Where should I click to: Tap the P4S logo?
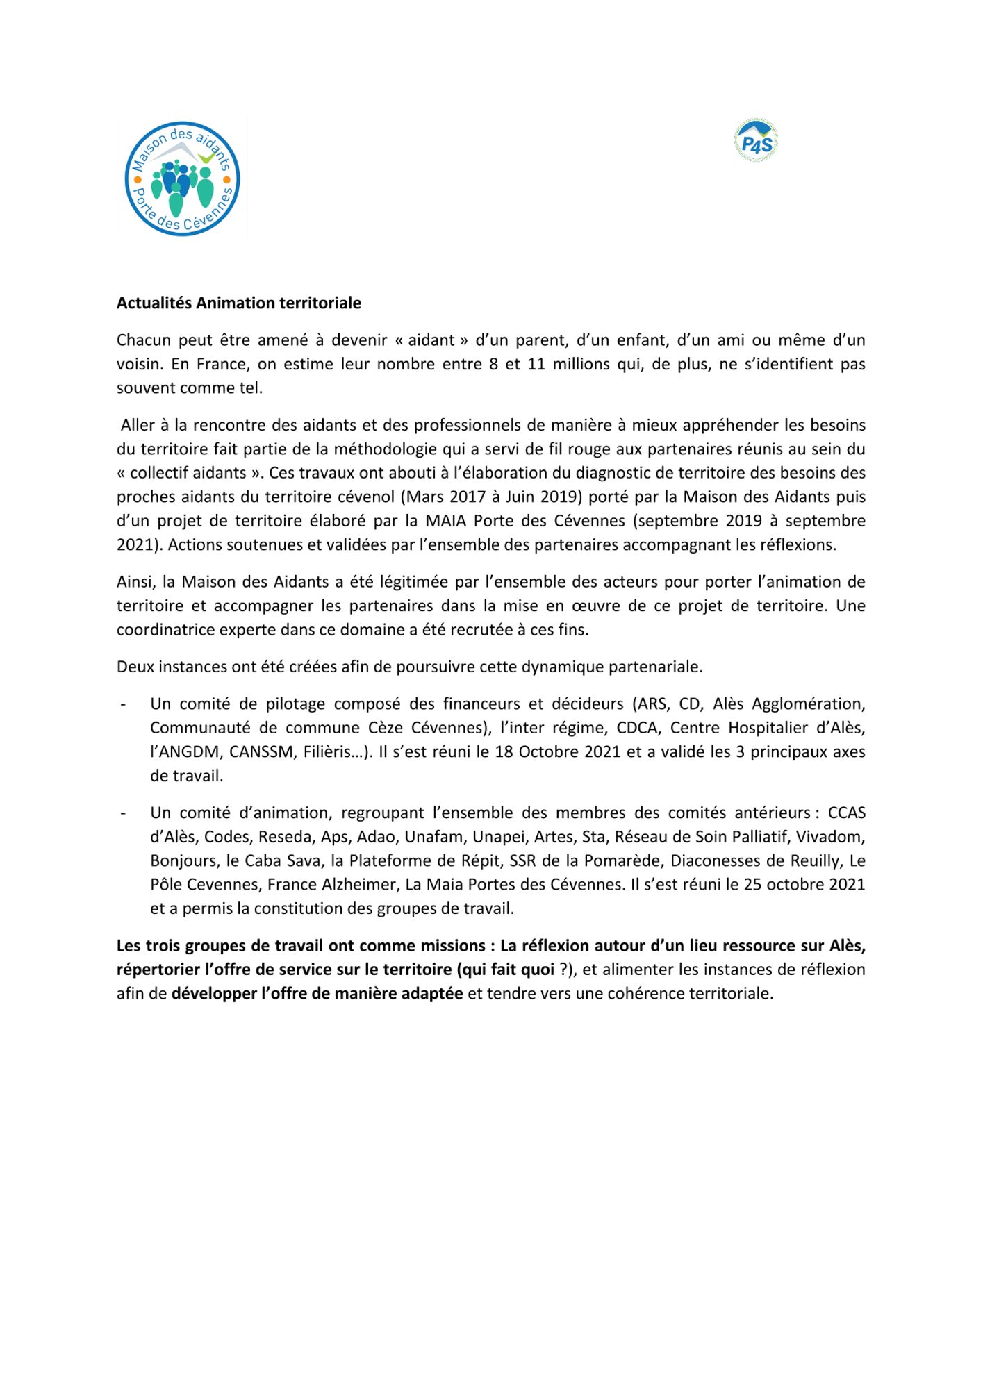pos(756,142)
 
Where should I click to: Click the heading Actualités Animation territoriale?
pos(238,303)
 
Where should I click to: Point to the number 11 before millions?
pos(536,364)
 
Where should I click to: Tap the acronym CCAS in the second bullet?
pos(846,813)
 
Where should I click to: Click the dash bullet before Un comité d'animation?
pos(123,813)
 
